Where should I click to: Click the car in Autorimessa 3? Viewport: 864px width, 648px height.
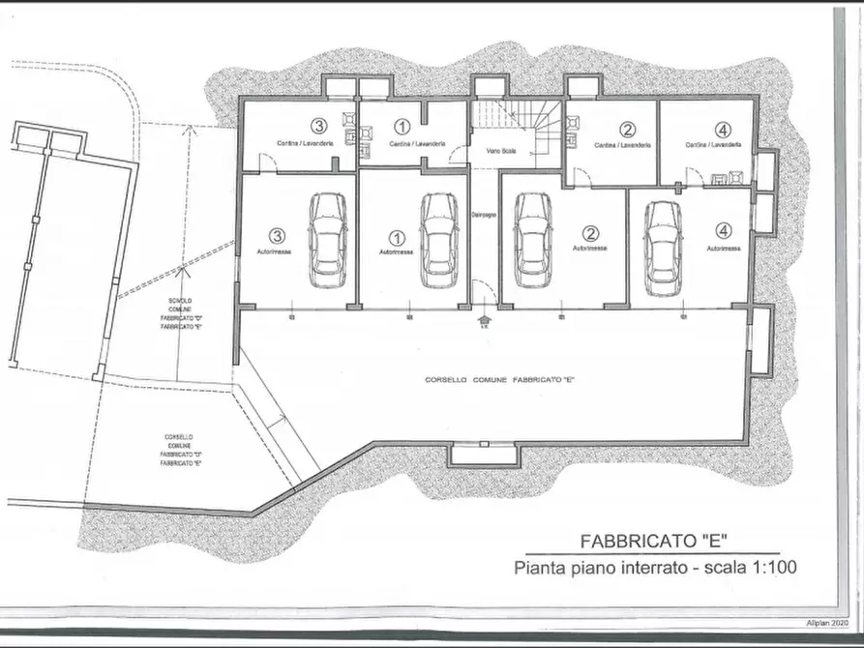pos(326,240)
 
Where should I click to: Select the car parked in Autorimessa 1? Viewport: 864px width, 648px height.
pos(439,240)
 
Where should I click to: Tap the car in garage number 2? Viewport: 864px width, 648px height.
pos(532,240)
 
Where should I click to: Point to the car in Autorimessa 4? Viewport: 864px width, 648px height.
pos(663,246)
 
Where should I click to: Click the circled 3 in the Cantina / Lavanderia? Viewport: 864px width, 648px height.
pos(317,125)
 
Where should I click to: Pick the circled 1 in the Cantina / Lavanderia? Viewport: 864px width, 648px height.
pos(402,126)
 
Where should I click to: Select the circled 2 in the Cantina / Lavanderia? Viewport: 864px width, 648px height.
pos(627,129)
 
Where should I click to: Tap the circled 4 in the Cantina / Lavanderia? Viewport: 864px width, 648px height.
pos(725,129)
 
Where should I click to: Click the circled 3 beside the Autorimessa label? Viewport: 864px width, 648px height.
pos(279,234)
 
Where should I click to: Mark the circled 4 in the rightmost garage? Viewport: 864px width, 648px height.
pos(725,231)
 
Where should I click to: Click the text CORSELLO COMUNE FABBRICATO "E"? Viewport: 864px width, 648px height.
pos(500,380)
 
